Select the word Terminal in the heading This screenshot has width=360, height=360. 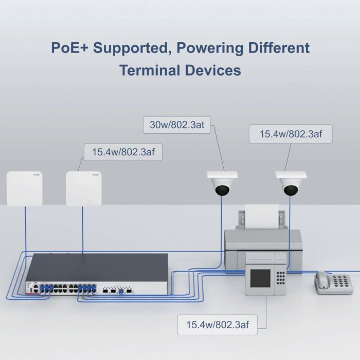[x=150, y=70]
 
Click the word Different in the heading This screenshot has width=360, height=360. [x=279, y=48]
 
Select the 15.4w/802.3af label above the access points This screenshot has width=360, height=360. [x=122, y=152]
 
